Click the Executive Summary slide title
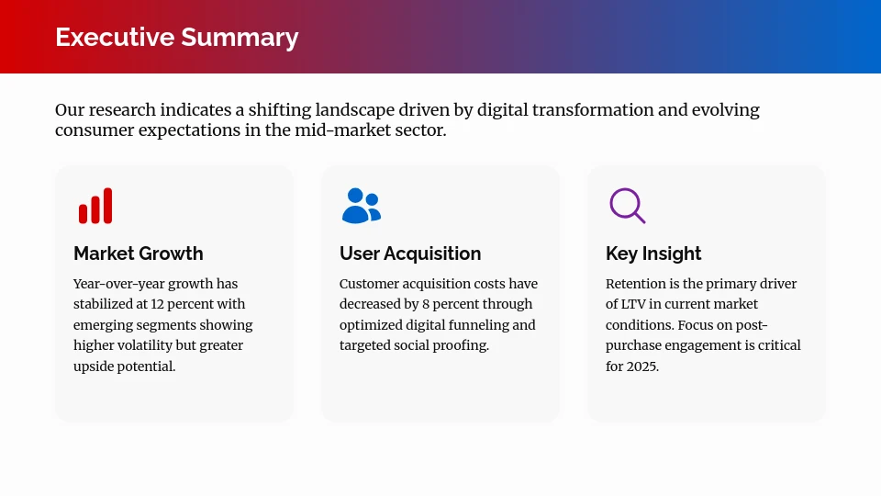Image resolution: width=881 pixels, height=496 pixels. point(176,37)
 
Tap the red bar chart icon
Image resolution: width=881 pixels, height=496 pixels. point(95,206)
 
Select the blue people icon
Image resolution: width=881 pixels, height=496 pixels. point(361,206)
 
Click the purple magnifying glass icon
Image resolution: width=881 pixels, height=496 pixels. point(627,206)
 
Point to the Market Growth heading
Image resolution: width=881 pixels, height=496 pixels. point(138,254)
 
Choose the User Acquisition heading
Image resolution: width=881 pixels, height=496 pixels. point(409,254)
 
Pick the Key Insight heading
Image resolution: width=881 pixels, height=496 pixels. point(653,254)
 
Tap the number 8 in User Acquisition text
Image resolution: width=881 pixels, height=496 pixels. point(426,305)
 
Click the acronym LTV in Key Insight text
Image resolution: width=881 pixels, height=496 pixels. point(636,305)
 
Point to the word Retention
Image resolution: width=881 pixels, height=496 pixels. point(637,284)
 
